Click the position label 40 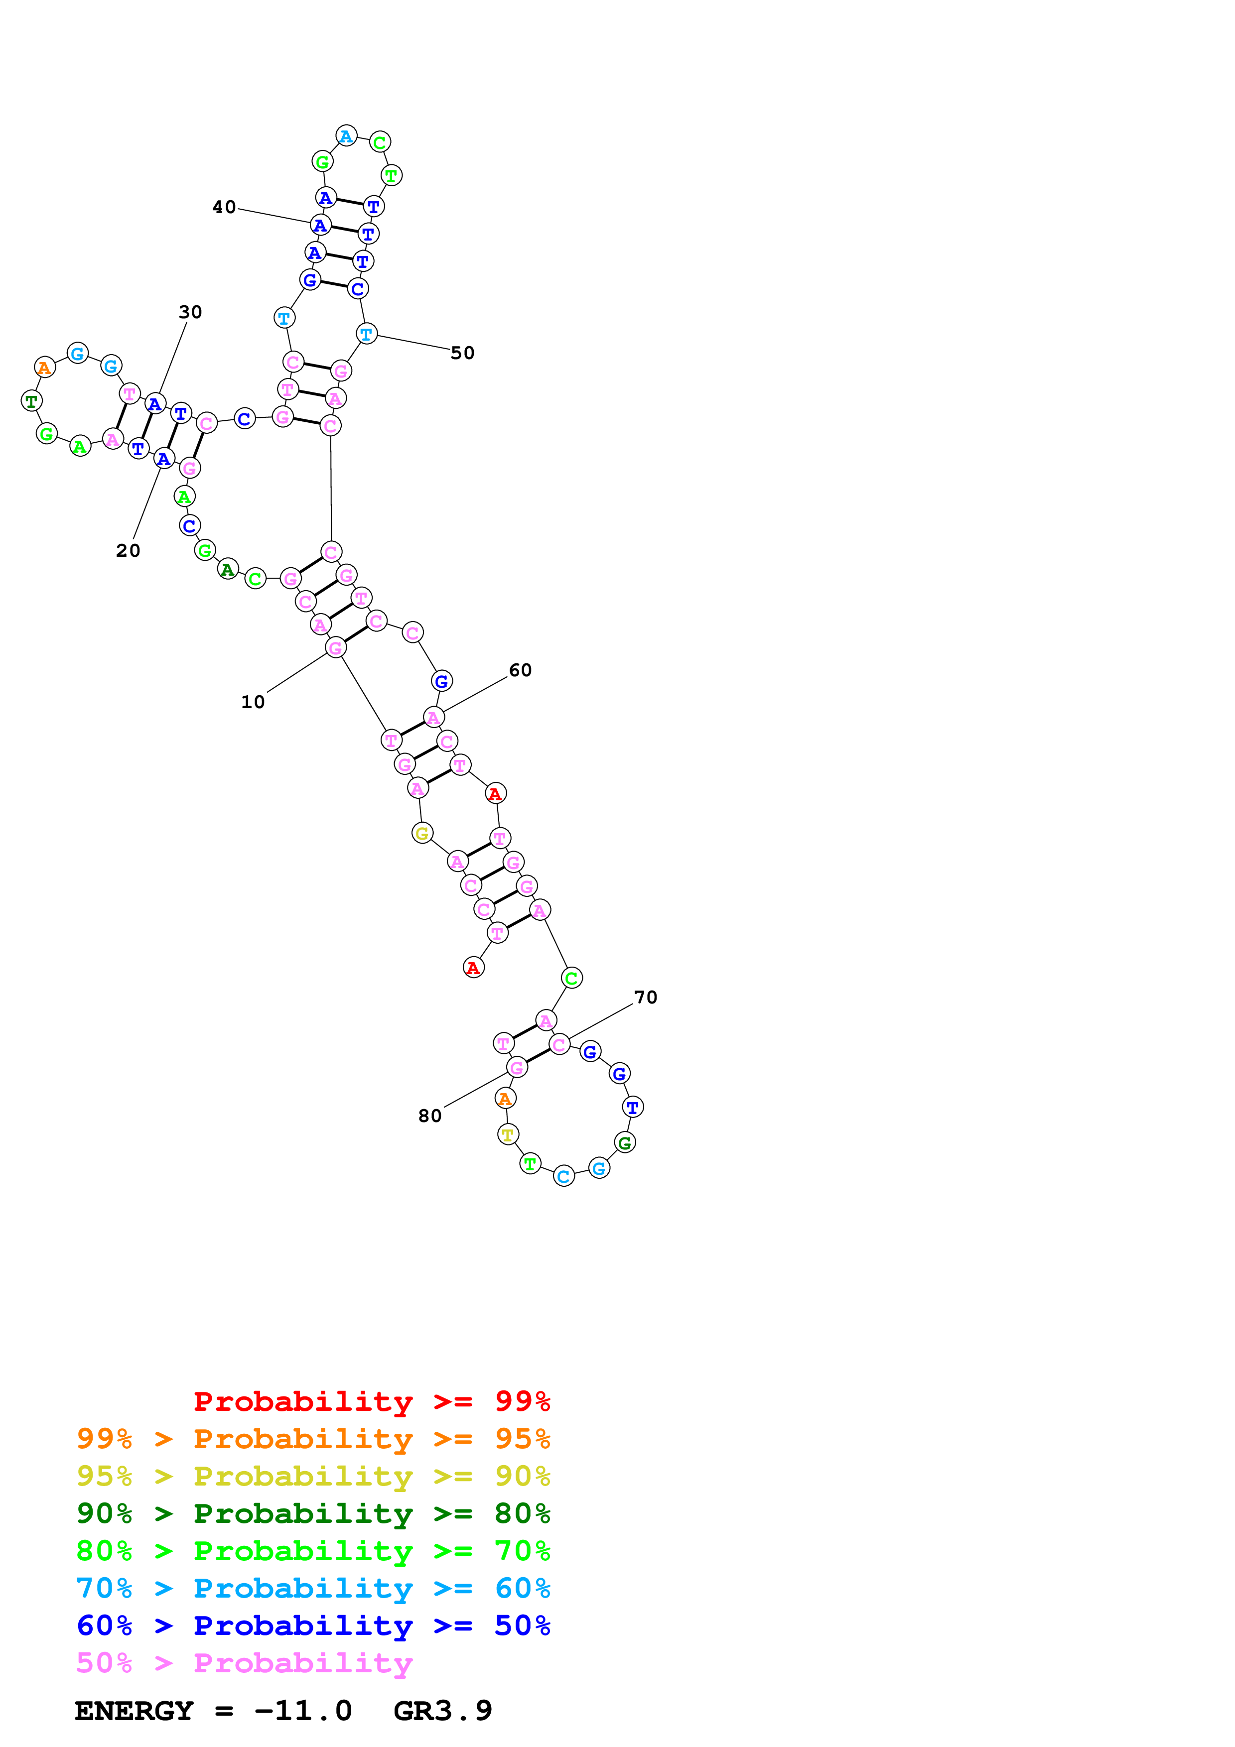tap(224, 207)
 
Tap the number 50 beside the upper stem tap(462, 353)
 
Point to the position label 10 tap(253, 702)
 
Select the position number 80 tap(430, 1116)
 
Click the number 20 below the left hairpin tap(128, 550)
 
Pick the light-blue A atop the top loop tap(346, 136)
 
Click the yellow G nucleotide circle tap(422, 833)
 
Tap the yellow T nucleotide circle tap(508, 1134)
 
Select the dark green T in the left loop tap(31, 400)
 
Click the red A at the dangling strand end tap(473, 967)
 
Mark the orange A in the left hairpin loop tap(45, 368)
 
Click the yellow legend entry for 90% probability tap(313, 1476)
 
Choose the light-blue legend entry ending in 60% tap(313, 1588)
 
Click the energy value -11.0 tap(303, 1711)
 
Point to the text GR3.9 tap(443, 1711)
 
